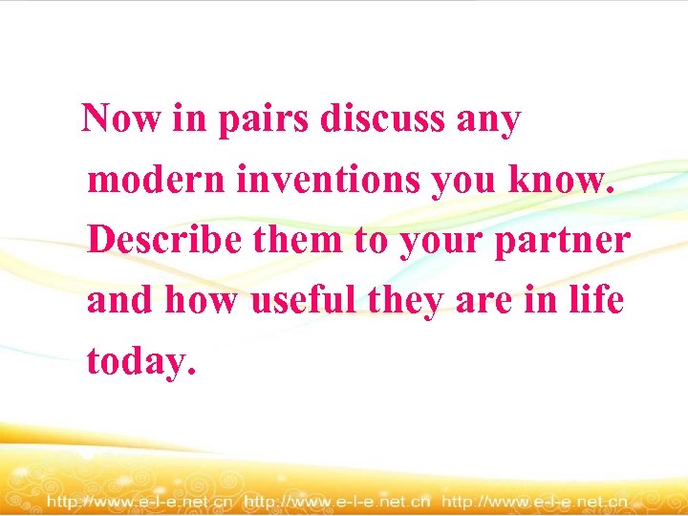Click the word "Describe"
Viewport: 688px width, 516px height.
coord(162,240)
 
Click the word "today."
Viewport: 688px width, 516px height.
coord(141,361)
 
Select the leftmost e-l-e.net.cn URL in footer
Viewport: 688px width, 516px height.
coord(140,501)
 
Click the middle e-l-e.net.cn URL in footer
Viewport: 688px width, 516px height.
coord(338,501)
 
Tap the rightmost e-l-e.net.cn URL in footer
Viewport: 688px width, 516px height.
coord(535,501)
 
